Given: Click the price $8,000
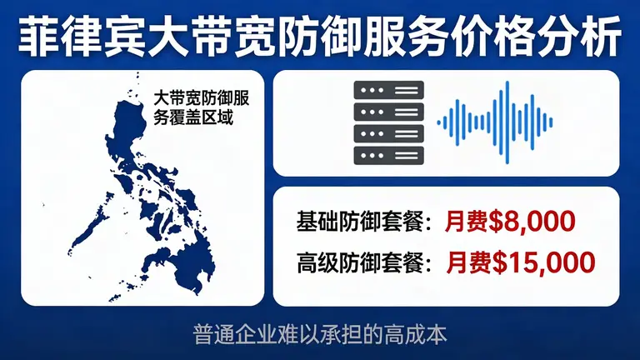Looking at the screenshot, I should pyautogui.click(x=533, y=222).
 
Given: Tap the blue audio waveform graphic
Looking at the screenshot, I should pyautogui.click(x=495, y=122).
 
